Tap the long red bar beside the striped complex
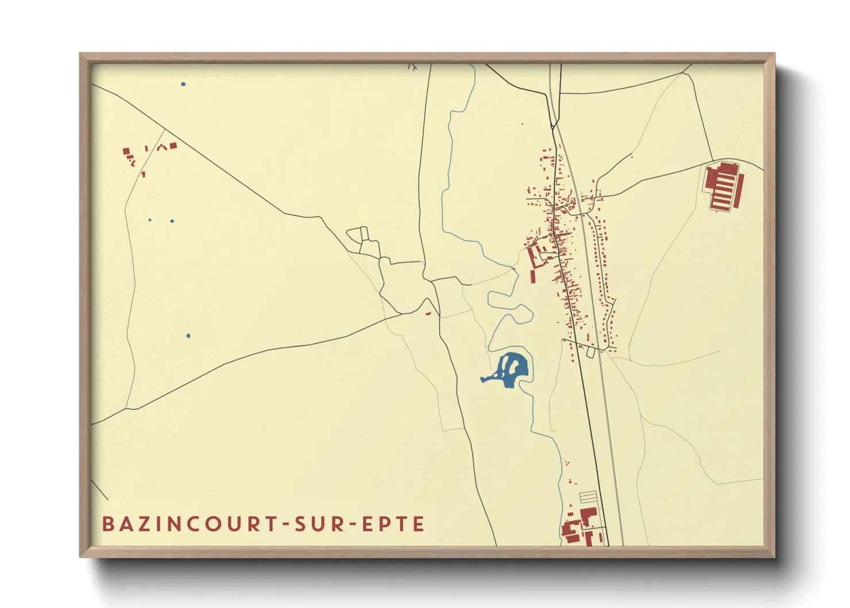pyautogui.click(x=740, y=191)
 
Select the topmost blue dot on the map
pyautogui.click(x=183, y=84)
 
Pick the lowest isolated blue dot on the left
pyautogui.click(x=188, y=336)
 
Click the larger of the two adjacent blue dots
pyautogui.click(x=172, y=221)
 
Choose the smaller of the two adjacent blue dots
pyautogui.click(x=150, y=220)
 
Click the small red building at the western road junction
pyautogui.click(x=428, y=313)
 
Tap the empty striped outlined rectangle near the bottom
pyautogui.click(x=589, y=497)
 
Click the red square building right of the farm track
pyautogui.click(x=173, y=145)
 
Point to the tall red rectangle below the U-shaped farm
pyautogui.click(x=532, y=276)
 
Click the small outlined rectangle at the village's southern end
pyautogui.click(x=590, y=352)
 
